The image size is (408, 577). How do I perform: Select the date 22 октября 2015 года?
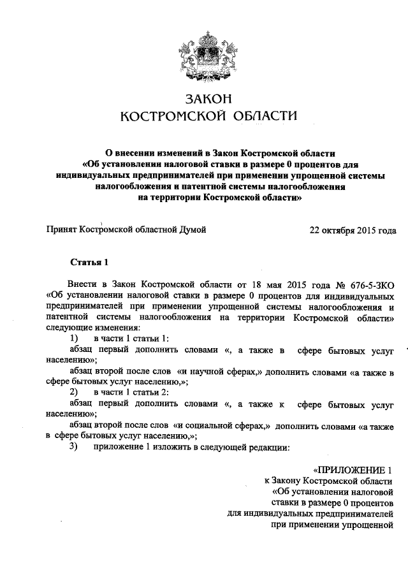click(353, 230)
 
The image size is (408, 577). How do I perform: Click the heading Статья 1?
click(85, 262)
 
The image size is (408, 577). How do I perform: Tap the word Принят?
click(62, 230)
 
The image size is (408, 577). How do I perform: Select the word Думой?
click(192, 230)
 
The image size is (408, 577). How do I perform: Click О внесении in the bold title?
click(131, 154)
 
